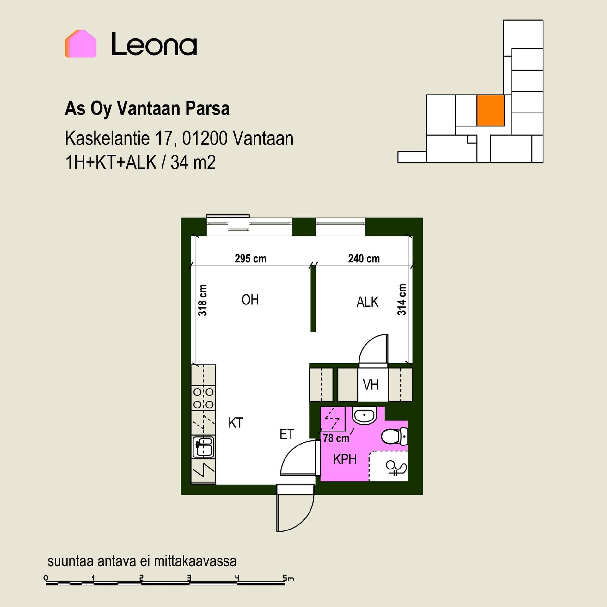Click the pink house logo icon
pos(81,44)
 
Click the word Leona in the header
pos(154,44)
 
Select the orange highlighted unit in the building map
pos(490,111)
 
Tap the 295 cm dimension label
pos(250,259)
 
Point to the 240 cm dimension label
pos(364,259)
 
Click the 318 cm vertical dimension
pos(203,300)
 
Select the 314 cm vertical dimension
pos(402,299)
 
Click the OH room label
pos(250,300)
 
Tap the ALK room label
pos(367,302)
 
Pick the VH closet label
pos(371,385)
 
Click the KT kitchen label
pos(236,423)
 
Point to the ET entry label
pos(287,434)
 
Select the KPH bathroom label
pos(345,459)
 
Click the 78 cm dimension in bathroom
pos(336,438)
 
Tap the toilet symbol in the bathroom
pos(394,437)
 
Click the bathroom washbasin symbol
pos(365,415)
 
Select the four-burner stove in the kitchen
pos(204,398)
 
